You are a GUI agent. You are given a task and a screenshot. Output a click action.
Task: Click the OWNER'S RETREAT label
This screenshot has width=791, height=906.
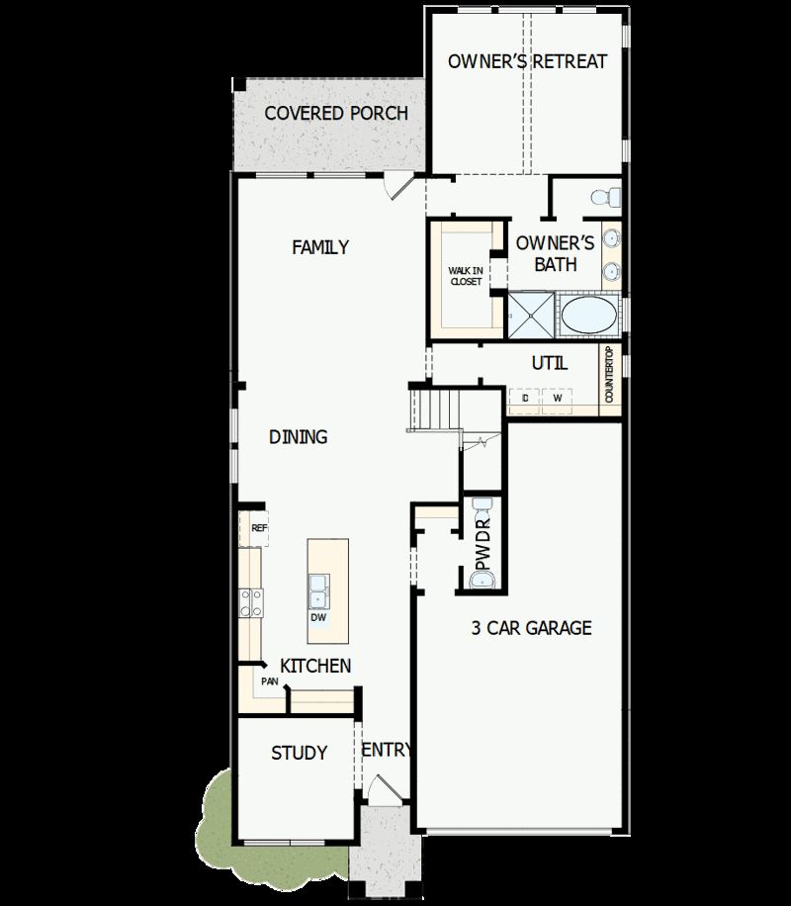coord(527,61)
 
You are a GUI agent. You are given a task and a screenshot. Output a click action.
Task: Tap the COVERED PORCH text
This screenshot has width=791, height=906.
coord(336,113)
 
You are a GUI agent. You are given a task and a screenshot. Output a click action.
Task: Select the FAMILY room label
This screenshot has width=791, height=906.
coord(320,247)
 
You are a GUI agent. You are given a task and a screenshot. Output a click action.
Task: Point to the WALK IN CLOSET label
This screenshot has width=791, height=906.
coord(465,276)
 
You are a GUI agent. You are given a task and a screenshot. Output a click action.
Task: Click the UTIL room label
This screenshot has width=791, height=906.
coord(550,363)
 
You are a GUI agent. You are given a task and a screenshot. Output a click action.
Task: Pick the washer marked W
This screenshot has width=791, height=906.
coord(558,398)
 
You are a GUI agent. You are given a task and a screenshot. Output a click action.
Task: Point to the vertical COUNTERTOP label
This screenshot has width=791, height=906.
coord(610,374)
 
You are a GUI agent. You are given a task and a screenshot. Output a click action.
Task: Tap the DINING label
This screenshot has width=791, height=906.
coord(299,437)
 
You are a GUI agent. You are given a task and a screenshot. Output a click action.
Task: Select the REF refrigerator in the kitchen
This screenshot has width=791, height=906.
coord(256,528)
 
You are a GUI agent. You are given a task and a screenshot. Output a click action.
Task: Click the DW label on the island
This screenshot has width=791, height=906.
coord(318,618)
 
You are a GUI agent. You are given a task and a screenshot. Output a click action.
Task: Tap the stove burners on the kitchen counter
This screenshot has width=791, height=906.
coord(251,600)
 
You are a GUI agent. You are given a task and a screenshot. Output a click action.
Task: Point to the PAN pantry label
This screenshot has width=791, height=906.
coord(269,681)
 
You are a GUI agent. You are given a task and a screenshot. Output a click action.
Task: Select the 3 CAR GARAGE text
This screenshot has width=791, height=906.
coord(532,628)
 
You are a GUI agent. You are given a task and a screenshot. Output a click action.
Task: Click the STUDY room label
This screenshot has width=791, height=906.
coord(300,754)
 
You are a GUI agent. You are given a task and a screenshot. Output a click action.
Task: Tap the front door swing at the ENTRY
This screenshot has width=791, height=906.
coord(382,788)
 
